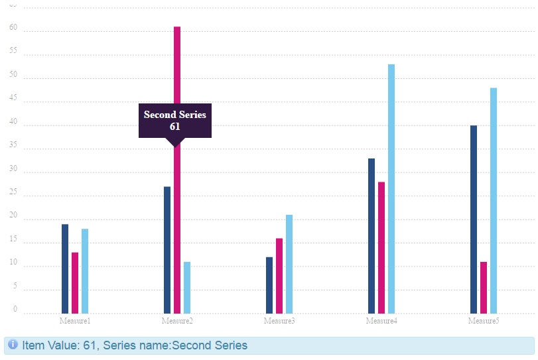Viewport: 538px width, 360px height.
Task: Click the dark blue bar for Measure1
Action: [65, 269]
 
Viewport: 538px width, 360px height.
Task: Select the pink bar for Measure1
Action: [75, 282]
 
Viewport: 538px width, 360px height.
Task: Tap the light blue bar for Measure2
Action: [187, 287]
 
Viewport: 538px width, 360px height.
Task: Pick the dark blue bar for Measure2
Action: [167, 250]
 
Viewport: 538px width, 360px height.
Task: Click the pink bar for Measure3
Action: [279, 275]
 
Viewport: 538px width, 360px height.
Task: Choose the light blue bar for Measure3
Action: [289, 264]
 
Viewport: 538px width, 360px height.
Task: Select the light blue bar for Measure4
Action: [391, 188]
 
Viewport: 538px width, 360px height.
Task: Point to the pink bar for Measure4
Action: [381, 247]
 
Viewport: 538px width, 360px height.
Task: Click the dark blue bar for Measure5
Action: [474, 219]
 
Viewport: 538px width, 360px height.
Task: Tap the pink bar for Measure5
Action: [484, 287]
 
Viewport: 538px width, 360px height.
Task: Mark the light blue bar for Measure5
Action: [494, 200]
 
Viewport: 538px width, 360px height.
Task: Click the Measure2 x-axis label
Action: [177, 322]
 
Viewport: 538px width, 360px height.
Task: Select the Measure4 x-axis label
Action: [381, 322]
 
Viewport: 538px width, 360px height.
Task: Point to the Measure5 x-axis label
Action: [484, 322]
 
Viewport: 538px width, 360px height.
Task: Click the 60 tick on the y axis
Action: [13, 28]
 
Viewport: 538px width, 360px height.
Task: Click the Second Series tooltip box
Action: [175, 120]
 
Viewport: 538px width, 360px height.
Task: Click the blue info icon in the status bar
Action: [13, 345]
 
